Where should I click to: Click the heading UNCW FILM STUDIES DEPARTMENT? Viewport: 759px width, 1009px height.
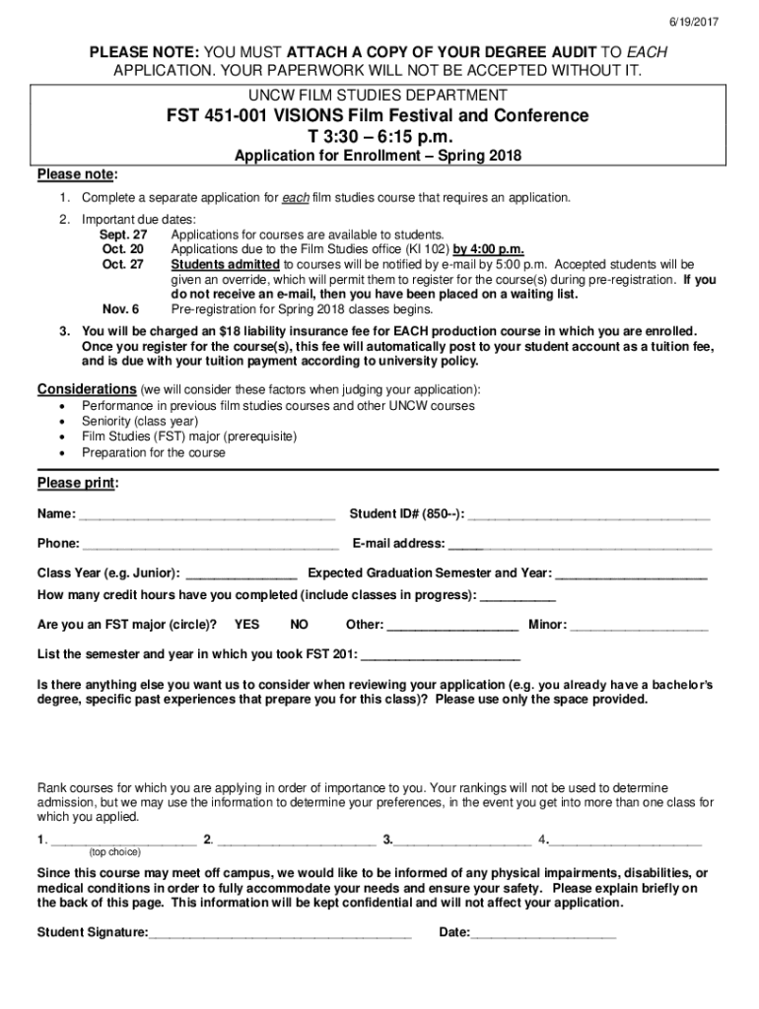tap(378, 96)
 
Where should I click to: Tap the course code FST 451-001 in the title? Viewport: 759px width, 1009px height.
tap(217, 116)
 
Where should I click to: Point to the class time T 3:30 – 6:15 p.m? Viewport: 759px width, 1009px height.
tap(378, 137)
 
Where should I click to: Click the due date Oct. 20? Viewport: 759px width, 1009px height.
tap(123, 250)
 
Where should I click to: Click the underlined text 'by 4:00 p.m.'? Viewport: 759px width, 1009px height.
tap(487, 250)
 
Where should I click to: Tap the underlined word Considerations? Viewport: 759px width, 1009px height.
tap(87, 388)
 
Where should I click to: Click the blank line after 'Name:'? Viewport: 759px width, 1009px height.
tap(207, 515)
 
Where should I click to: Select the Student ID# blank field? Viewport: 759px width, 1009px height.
tap(591, 515)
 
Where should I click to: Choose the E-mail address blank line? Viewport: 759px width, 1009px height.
tap(582, 545)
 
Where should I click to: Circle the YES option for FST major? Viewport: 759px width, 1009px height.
tap(247, 625)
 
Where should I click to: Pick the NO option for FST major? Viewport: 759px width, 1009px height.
tap(300, 625)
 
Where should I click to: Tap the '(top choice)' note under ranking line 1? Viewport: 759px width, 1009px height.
tap(114, 851)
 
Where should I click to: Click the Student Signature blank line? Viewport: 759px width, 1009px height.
tap(280, 934)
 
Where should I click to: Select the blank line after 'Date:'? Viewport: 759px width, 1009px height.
tap(544, 934)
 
